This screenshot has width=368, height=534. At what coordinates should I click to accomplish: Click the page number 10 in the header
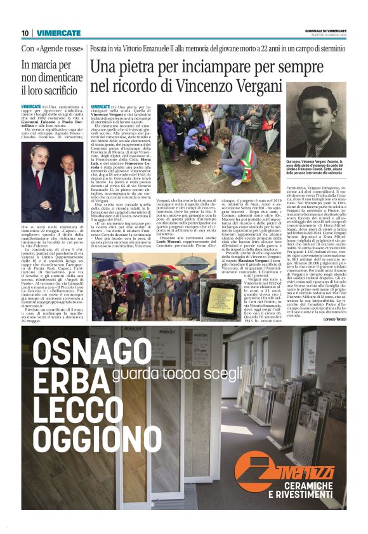click(x=24, y=33)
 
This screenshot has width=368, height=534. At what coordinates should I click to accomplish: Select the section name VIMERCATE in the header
click(x=58, y=33)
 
